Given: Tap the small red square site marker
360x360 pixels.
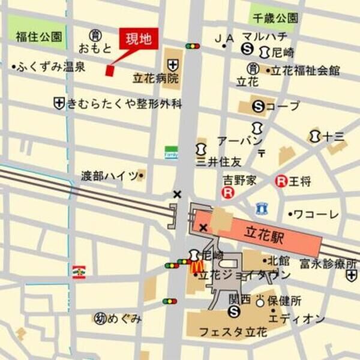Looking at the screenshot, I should click(x=109, y=71).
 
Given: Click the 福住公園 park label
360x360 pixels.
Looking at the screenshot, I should click(x=38, y=37).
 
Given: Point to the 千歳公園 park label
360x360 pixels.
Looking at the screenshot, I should click(x=274, y=19).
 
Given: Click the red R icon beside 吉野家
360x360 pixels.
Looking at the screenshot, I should click(x=227, y=193).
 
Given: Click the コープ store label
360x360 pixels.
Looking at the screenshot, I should click(x=282, y=106).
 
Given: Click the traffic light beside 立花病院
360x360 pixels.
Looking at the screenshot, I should click(x=192, y=46).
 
